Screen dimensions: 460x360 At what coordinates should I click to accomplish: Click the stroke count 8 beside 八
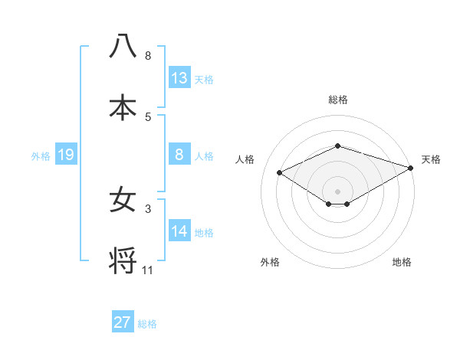[x=148, y=56]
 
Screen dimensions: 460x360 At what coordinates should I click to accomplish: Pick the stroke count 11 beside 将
[x=148, y=270]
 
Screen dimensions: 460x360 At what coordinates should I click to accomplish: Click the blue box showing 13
[x=179, y=77]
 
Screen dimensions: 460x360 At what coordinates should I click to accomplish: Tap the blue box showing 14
[x=179, y=231]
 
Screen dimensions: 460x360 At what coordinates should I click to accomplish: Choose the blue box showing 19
[x=65, y=155]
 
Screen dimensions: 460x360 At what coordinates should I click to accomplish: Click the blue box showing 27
[x=123, y=322]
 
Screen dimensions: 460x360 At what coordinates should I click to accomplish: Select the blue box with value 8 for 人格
[x=179, y=154]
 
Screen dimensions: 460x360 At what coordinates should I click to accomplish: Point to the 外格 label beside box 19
[x=41, y=156]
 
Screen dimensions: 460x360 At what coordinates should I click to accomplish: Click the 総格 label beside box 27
[x=147, y=324]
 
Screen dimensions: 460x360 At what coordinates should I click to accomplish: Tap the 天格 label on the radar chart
[x=431, y=159]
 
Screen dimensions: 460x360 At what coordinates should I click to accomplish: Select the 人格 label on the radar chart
[x=245, y=159]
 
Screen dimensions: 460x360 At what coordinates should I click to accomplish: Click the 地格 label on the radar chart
[x=402, y=262]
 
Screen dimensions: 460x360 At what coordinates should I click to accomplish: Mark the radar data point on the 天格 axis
[x=412, y=168]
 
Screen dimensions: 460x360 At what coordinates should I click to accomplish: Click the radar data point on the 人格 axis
[x=280, y=172]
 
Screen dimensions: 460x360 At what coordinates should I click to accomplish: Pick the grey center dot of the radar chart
[x=337, y=191]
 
